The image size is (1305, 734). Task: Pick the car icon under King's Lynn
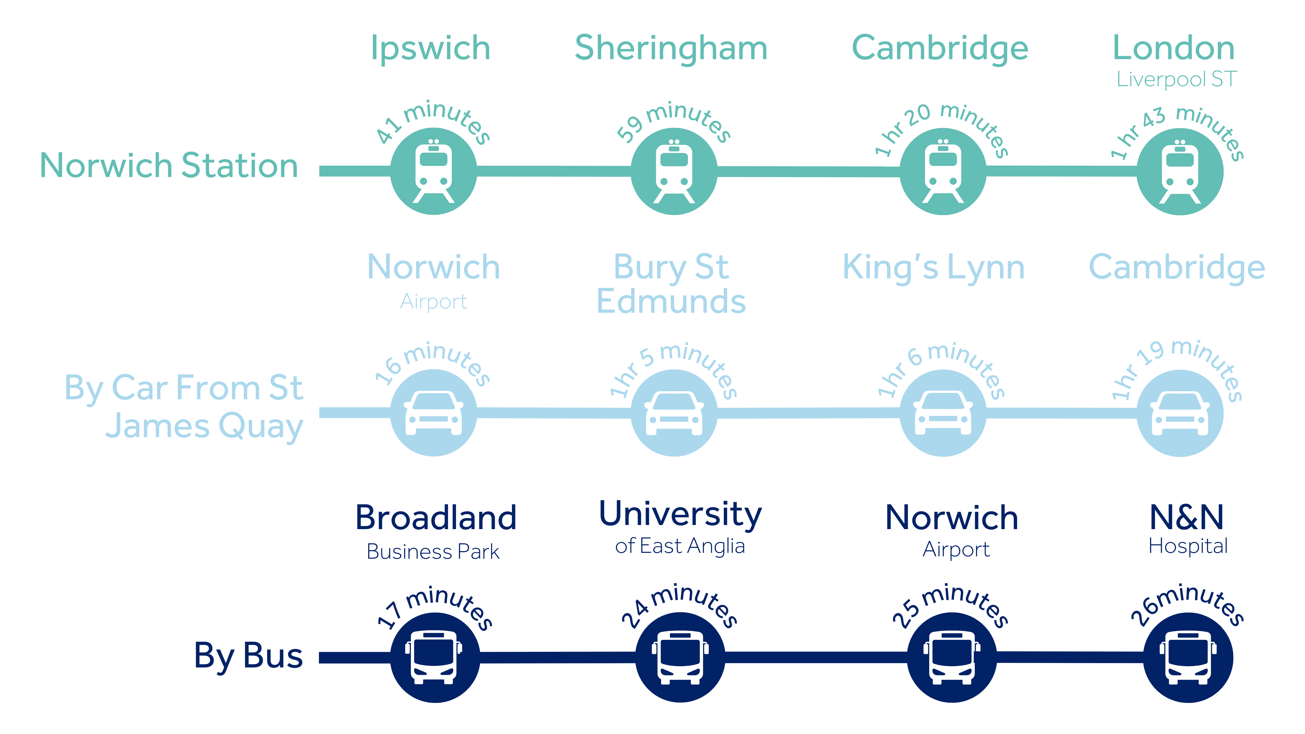click(943, 413)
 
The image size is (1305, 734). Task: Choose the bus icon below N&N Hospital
click(1188, 657)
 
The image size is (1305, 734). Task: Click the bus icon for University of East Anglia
click(680, 657)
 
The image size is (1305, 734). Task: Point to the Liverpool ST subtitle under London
click(1177, 79)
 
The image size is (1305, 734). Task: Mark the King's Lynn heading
click(933, 268)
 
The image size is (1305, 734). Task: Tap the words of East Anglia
click(680, 546)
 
